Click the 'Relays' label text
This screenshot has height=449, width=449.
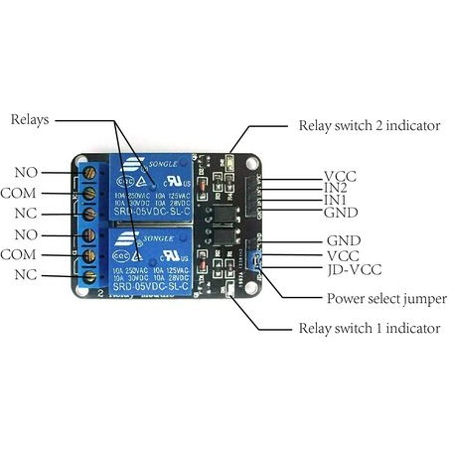[31, 119]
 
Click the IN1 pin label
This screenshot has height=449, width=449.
[336, 200]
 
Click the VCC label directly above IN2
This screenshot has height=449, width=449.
[340, 176]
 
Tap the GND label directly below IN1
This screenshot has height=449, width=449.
[341, 213]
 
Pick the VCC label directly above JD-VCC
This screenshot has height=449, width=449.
[342, 255]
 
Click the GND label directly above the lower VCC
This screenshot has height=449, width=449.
[342, 241]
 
